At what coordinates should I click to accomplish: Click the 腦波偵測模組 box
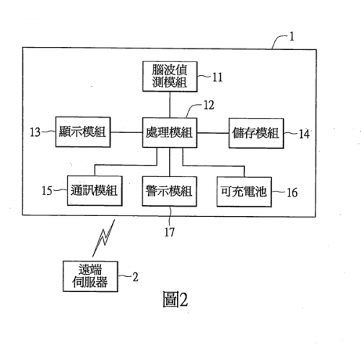pos(170,77)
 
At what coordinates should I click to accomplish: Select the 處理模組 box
pos(170,132)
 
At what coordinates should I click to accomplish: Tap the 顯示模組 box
pos(83,132)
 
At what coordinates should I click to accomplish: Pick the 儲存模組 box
pos(256,133)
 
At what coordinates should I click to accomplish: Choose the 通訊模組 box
pos(95,191)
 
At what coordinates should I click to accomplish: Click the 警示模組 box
pos(170,192)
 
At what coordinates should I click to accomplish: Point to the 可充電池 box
pos(244,192)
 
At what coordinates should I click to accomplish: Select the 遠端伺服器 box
pos(90,276)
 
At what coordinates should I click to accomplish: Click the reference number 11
pos(217,77)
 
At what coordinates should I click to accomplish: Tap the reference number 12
pos(209,106)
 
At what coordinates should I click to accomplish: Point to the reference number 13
pos(35,132)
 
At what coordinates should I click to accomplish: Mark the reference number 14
pos(304,134)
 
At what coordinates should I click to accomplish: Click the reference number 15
pos(47,191)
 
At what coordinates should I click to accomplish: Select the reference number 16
pos(292,192)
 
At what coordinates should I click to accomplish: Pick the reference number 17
pos(170,232)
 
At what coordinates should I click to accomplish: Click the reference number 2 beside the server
pos(136,277)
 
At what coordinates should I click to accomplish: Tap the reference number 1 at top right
pos(292,37)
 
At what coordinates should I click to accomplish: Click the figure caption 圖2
pos(175,299)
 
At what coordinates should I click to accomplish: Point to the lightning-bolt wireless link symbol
pos(103,238)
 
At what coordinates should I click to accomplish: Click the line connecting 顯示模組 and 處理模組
pos(126,132)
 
